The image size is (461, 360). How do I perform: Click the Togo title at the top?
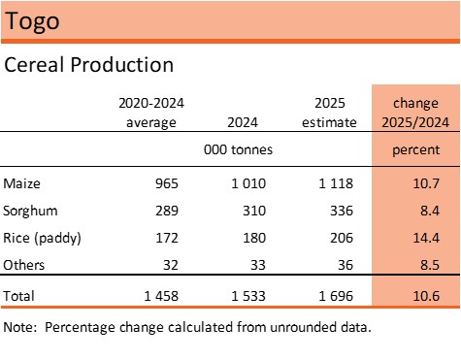pos(32,21)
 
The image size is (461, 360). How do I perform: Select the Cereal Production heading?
pos(89,65)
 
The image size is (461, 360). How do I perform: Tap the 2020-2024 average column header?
pos(151,113)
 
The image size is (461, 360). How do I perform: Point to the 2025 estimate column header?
pos(329,113)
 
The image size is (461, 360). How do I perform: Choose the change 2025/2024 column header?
pos(415,113)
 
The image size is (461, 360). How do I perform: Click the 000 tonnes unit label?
pos(238,149)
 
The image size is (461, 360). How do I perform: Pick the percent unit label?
pos(416,150)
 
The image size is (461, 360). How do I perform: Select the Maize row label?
pos(21,183)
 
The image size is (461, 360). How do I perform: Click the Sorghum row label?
pos(30,212)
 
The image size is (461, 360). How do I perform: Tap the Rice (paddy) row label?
pos(42,239)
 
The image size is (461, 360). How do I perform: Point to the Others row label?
pos(24,265)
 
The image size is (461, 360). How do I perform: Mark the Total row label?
pos(18,296)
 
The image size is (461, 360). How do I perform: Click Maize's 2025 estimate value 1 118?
pos(336,183)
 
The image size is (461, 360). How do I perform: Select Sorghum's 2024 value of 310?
pos(254,211)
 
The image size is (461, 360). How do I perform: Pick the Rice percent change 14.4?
pos(426,238)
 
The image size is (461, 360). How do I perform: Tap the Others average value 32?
pos(171,265)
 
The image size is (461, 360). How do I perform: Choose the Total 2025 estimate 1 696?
pos(336,296)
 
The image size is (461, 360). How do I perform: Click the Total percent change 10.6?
pos(426,296)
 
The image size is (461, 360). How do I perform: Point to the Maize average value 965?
pos(167,183)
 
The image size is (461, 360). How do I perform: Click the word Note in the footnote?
pos(18,327)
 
